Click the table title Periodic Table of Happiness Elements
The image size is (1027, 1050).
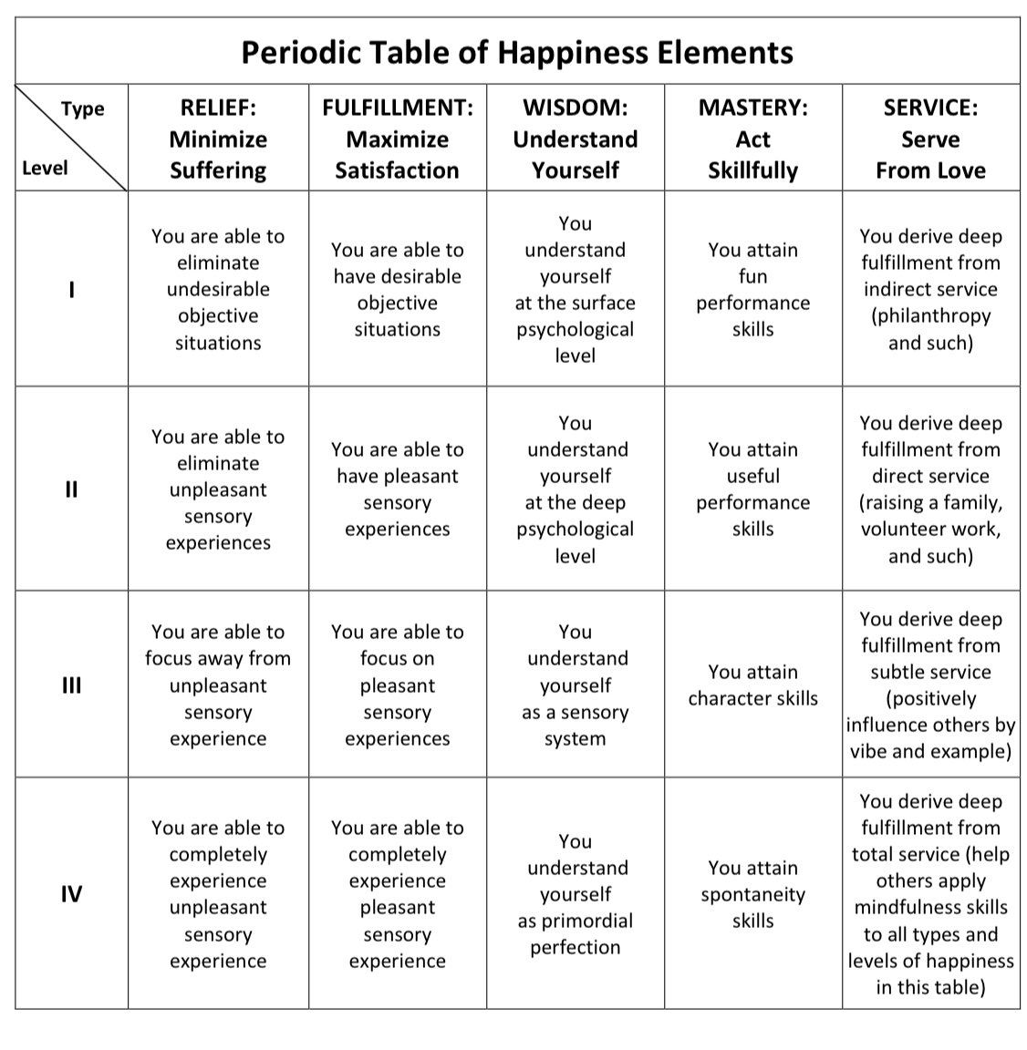516,52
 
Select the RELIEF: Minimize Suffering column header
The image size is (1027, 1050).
218,139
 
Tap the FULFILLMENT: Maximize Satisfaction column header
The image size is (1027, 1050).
397,139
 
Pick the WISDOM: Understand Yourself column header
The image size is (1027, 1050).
575,139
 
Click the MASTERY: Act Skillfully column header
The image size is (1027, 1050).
752,139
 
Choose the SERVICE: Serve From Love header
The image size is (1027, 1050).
930,139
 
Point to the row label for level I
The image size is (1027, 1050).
71,290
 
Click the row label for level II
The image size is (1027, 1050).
71,489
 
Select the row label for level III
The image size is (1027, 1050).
71,685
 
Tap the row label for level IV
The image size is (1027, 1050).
71,894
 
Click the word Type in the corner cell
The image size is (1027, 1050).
83,108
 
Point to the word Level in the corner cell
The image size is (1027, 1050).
45,168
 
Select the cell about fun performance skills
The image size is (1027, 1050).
752,289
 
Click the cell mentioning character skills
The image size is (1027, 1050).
752,685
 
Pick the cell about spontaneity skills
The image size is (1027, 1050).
752,894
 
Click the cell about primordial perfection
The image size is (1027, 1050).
575,894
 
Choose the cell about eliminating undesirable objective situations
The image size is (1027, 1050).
218,289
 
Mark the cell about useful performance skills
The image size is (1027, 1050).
752,489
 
